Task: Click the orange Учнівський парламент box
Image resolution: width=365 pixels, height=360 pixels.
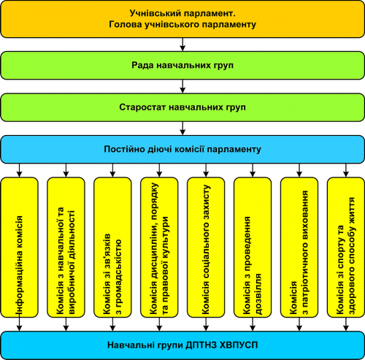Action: click(x=182, y=19)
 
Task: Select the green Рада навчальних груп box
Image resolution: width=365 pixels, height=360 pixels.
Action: click(x=182, y=65)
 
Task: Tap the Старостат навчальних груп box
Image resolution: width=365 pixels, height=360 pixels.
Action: click(x=182, y=107)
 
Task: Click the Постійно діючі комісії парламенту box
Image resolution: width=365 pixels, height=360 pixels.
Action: click(x=182, y=149)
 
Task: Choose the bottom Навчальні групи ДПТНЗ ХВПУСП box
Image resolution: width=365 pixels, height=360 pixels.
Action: click(x=182, y=345)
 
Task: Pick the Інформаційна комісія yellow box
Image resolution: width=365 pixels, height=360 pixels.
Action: click(x=20, y=248)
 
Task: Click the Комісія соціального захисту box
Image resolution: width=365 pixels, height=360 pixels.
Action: click(x=206, y=248)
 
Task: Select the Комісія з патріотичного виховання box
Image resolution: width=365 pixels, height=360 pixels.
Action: click(x=299, y=248)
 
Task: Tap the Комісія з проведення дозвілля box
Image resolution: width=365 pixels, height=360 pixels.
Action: click(x=253, y=248)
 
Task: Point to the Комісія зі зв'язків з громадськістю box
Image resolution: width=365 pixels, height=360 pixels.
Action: click(x=112, y=248)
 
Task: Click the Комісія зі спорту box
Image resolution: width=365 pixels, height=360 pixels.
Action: click(x=346, y=248)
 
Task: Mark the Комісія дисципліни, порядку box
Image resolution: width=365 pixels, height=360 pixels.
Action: click(x=159, y=248)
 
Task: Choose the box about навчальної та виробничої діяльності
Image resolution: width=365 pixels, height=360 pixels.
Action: click(x=66, y=248)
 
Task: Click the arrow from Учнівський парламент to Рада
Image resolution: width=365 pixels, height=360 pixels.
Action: click(x=182, y=45)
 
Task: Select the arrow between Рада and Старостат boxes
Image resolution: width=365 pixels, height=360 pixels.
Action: click(x=182, y=86)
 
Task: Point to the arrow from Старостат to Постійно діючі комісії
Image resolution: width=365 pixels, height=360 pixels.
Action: click(x=182, y=129)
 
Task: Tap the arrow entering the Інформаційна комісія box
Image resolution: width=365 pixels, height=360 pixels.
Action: click(x=20, y=170)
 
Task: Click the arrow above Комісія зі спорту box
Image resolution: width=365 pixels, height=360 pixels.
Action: click(x=346, y=170)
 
